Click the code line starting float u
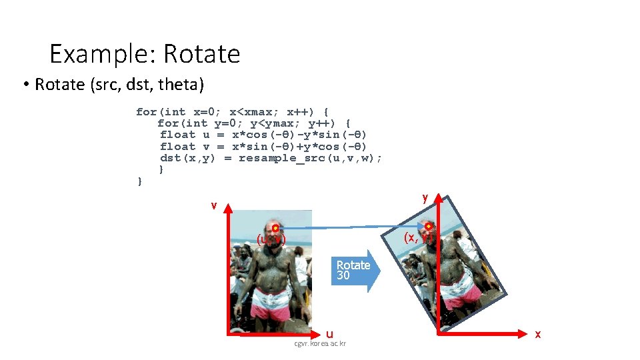click(263, 135)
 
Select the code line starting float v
click(263, 147)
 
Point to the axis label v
click(213, 205)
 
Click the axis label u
click(329, 333)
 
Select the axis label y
click(425, 198)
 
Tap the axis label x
click(537, 333)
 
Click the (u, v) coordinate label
click(271, 239)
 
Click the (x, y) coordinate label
click(419, 237)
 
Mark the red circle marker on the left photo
click(275, 229)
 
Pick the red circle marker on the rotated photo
click(429, 227)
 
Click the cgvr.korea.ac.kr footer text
click(321, 343)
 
